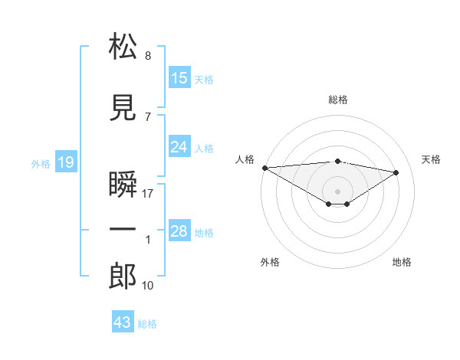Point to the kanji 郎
[123, 276]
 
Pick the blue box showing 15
[179, 78]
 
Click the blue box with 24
[179, 147]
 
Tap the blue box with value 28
[179, 231]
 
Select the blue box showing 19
[65, 162]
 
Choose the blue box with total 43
[123, 322]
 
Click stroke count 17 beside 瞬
[148, 193]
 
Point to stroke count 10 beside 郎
[148, 286]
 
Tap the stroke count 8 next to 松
[148, 56]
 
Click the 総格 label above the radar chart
[337, 100]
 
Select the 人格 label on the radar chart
[245, 159]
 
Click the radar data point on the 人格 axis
[264, 167]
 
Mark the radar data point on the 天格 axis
[396, 172]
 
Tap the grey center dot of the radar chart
[337, 190]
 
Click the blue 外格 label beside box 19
[41, 163]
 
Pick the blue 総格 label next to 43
[147, 324]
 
